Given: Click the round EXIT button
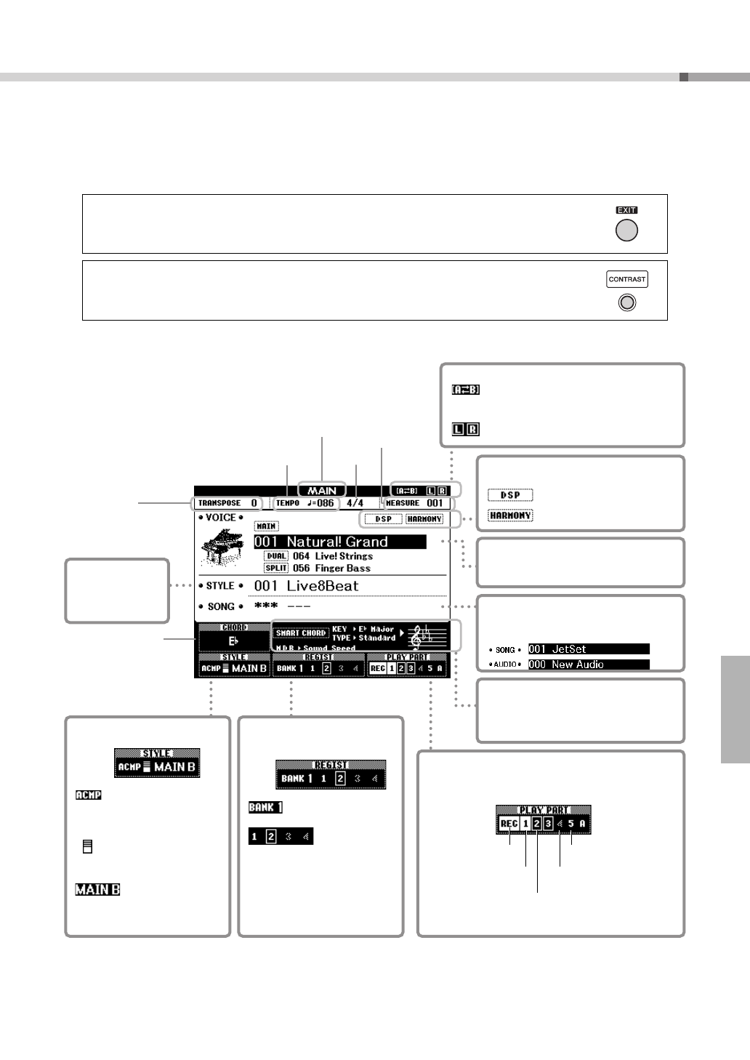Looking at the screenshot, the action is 626,230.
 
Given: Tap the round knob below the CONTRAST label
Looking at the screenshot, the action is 626,302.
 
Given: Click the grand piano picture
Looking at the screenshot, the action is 222,547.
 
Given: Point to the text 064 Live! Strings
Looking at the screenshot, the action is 333,556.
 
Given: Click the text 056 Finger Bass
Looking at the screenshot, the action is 331,569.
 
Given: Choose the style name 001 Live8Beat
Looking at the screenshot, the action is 306,586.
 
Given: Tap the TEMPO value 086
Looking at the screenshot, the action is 325,503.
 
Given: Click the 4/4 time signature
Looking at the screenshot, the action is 355,503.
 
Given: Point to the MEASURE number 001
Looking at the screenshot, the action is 435,503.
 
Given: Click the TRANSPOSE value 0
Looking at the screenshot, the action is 254,503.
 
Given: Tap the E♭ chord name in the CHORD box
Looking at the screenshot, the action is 233,641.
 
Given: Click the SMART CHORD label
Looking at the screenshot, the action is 300,633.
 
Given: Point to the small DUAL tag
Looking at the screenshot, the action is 276,556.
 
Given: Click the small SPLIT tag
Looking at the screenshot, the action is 276,569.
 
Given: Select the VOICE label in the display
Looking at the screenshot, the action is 221,518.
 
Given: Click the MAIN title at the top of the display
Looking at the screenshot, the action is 322,491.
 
